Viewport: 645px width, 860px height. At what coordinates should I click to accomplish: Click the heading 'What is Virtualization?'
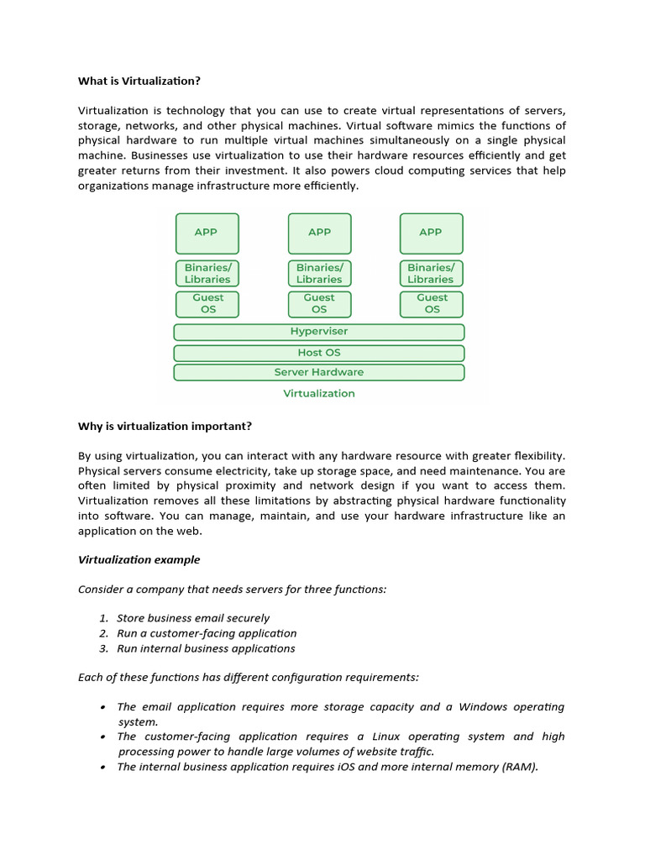139,81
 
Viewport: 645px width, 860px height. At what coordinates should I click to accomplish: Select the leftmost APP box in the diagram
207,233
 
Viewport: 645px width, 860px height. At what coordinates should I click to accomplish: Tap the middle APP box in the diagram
319,233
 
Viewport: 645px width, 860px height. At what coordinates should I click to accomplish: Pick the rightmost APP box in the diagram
431,233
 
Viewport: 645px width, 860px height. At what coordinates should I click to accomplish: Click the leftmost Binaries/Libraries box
207,273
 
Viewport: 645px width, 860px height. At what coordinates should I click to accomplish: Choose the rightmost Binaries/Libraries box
431,273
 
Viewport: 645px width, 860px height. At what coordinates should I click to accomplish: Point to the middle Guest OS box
319,303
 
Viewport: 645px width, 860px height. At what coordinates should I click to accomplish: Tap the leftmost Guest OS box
207,303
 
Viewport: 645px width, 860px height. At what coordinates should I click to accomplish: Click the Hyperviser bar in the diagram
319,332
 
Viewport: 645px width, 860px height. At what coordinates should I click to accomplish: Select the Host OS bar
319,353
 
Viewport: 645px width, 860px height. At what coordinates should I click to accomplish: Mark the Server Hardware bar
319,372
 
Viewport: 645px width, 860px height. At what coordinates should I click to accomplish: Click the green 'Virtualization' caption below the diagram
319,393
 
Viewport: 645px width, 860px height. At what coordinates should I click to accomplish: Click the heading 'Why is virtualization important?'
165,426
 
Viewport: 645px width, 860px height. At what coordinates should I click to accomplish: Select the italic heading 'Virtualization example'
139,559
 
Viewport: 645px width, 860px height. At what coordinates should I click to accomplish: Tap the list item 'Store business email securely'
193,618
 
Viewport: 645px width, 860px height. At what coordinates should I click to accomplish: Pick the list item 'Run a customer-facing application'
207,633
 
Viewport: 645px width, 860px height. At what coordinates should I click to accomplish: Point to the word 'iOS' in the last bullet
350,767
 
